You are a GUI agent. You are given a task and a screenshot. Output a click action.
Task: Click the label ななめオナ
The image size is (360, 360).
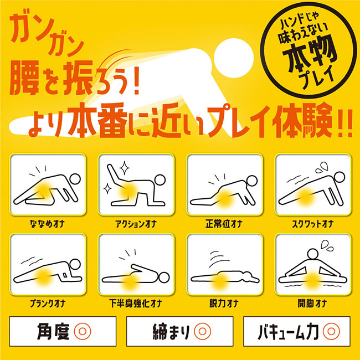[x=47, y=224]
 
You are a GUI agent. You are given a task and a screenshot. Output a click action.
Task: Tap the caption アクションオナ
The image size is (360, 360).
[x=136, y=224]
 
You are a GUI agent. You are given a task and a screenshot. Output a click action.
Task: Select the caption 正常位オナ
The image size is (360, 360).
[x=224, y=224]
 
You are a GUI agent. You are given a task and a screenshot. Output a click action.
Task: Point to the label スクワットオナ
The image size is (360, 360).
[x=313, y=224]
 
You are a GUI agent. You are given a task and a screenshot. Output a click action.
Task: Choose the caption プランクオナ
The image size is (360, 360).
[x=48, y=304]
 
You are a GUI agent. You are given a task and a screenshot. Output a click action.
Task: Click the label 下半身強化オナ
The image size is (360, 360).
[x=136, y=304]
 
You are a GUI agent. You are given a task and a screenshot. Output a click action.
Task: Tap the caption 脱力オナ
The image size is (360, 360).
[x=224, y=304]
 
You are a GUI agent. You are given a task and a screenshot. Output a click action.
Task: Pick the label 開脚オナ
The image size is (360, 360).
[x=312, y=304]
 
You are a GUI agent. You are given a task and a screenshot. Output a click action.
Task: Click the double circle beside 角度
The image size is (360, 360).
[x=83, y=331]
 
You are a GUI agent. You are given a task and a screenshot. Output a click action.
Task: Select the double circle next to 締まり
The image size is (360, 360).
[x=202, y=331]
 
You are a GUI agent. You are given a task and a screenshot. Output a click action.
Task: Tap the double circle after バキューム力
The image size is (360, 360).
[x=331, y=331]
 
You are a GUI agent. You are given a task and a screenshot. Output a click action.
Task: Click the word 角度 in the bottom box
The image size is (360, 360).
[x=53, y=331]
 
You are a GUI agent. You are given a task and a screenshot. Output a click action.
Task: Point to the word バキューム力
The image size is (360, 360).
[x=289, y=331]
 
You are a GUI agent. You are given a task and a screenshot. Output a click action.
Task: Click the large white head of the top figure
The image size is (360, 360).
[x=234, y=58]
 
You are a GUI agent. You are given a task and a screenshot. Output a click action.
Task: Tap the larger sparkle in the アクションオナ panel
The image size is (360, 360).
[x=125, y=168]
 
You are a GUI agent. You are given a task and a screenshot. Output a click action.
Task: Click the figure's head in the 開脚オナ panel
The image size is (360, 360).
[x=313, y=255]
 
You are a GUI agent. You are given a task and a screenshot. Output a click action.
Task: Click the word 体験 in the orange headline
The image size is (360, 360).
[x=301, y=121]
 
